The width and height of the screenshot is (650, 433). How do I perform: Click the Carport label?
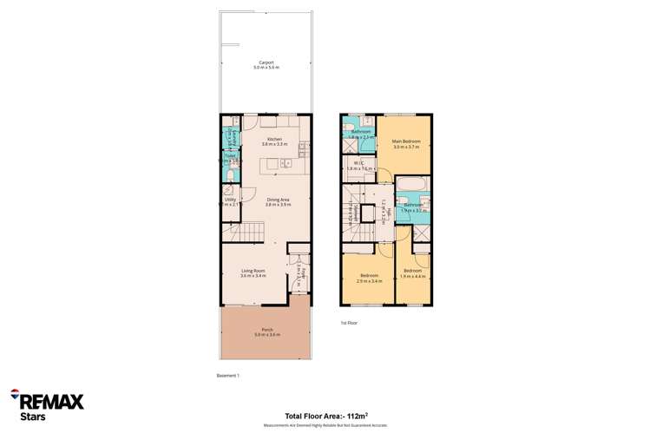(x=266, y=62)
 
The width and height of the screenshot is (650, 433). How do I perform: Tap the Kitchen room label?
(x=274, y=140)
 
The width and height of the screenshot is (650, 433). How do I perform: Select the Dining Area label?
(x=278, y=200)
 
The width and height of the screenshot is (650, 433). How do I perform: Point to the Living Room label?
(x=253, y=272)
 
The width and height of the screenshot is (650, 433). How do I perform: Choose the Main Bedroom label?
(x=406, y=141)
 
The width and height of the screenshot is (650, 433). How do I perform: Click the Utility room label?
(x=230, y=200)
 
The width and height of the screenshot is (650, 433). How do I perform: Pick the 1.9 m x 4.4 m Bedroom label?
(x=412, y=272)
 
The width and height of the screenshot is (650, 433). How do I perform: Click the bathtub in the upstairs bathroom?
(x=412, y=184)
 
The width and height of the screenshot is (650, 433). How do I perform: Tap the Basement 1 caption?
(x=227, y=375)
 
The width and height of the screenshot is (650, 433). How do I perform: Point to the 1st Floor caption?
(x=349, y=322)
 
